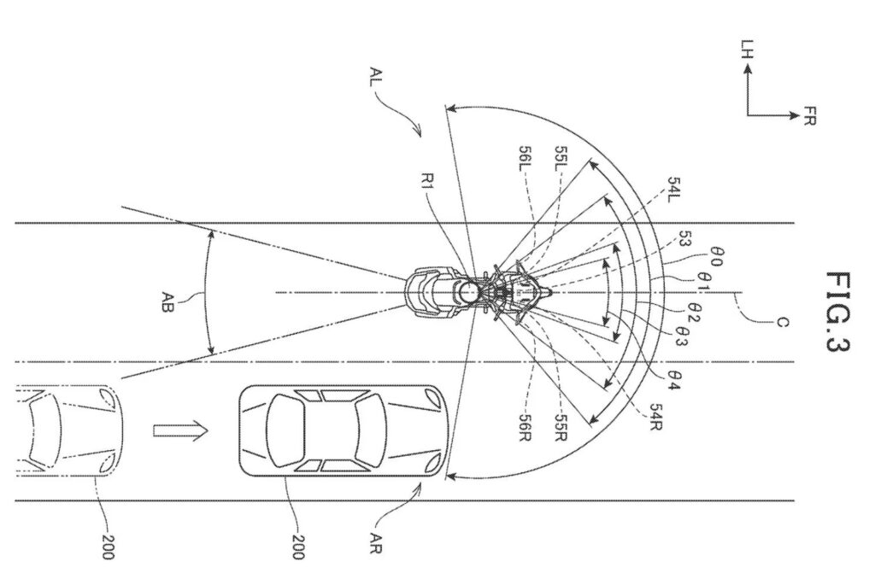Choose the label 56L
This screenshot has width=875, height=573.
(526, 160)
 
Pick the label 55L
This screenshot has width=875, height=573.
(561, 160)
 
